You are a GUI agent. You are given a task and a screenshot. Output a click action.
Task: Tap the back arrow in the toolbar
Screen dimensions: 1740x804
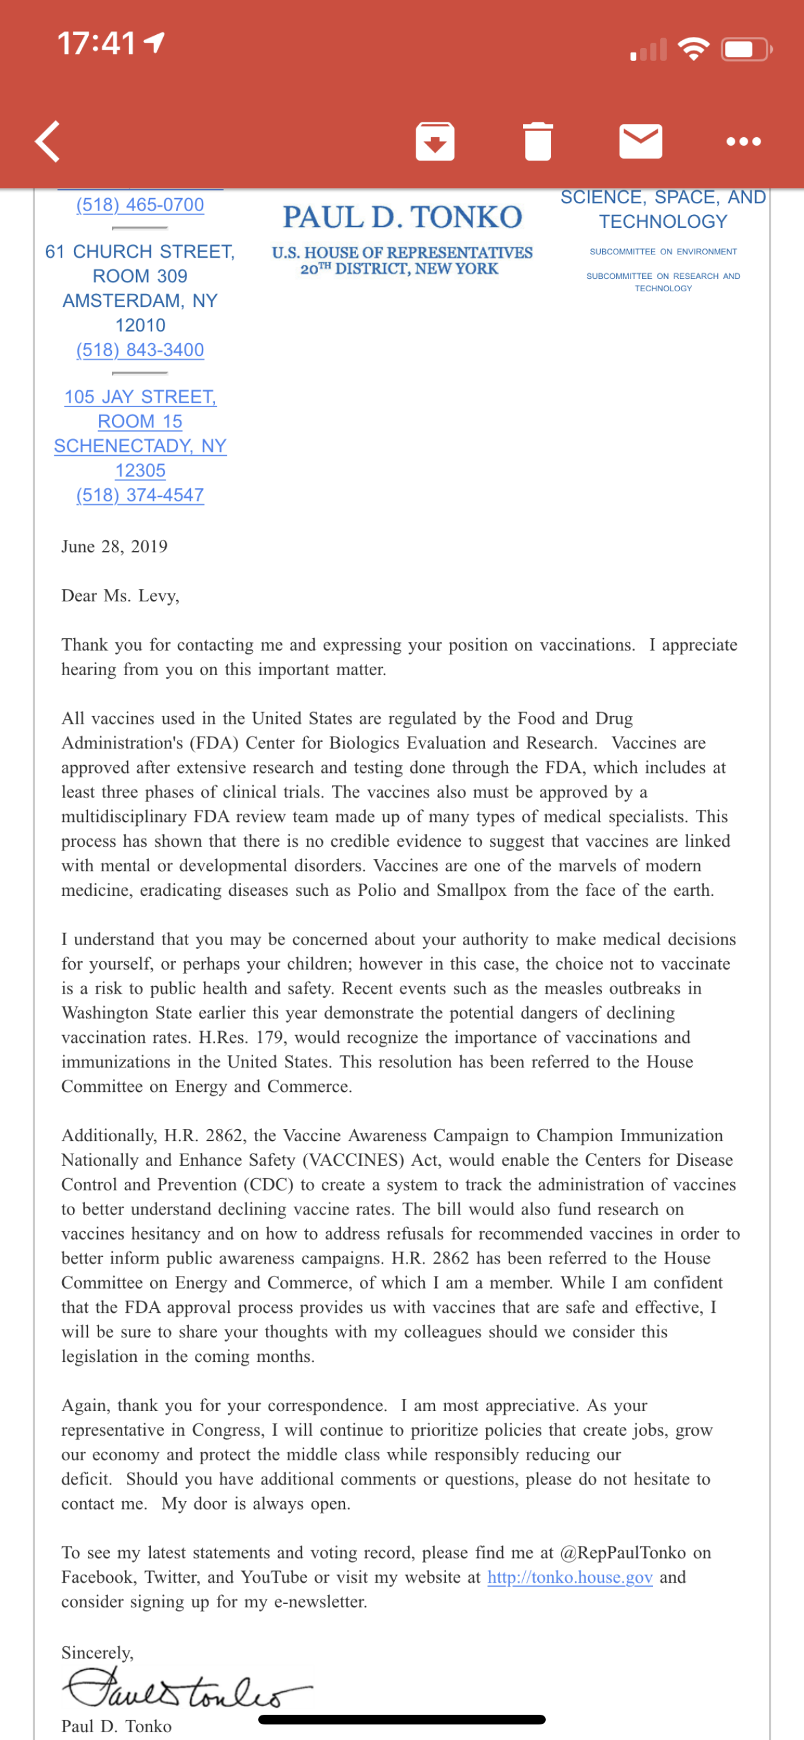pos(48,142)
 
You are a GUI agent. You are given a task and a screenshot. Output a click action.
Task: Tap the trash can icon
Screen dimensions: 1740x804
pos(538,142)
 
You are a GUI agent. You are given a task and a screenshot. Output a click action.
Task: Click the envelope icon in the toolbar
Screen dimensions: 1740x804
pos(640,141)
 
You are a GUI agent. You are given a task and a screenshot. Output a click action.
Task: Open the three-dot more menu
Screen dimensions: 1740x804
pos(743,142)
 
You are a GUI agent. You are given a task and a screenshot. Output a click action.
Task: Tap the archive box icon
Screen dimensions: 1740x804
pos(434,142)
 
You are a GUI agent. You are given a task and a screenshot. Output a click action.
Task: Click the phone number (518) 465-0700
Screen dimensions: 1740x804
pos(140,205)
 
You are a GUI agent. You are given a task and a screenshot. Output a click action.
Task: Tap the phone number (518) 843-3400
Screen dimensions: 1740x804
pos(140,350)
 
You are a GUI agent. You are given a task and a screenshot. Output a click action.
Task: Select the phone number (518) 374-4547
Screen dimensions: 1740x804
pos(140,495)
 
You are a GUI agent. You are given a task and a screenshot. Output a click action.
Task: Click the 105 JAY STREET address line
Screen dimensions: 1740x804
pos(140,397)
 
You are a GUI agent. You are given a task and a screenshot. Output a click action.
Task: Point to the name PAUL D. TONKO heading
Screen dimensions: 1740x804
pos(402,217)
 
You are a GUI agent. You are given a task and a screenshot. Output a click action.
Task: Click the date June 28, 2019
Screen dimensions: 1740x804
pos(114,546)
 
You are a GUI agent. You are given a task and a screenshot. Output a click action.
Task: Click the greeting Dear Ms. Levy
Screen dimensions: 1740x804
pos(120,596)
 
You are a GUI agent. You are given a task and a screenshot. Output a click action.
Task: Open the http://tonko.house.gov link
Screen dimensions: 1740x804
pos(570,1578)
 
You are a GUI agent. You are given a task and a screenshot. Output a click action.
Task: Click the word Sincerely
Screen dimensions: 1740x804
pos(97,1653)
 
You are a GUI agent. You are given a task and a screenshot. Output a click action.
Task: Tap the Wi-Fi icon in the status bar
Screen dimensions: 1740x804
pos(693,49)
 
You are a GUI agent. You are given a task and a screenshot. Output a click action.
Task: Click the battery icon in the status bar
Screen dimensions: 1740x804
pos(745,49)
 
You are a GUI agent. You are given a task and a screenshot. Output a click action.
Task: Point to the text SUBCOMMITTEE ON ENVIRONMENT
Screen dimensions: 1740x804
pos(663,252)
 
